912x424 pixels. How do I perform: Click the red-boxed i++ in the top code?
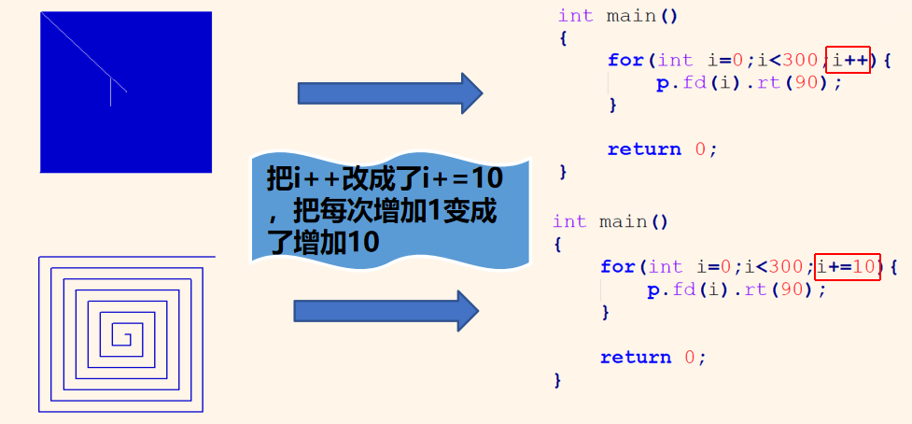click(x=849, y=60)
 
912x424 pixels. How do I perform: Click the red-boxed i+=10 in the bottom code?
click(x=848, y=267)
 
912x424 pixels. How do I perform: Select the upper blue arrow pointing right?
click(x=389, y=92)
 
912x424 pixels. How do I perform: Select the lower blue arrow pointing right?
click(x=386, y=310)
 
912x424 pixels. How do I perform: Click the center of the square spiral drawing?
click(x=122, y=334)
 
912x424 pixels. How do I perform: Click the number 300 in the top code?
click(x=800, y=60)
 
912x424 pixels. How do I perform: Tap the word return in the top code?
click(x=644, y=149)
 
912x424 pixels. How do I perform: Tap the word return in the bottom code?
click(x=637, y=357)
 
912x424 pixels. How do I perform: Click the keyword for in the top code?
click(x=625, y=60)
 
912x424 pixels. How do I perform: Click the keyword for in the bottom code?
click(x=618, y=267)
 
